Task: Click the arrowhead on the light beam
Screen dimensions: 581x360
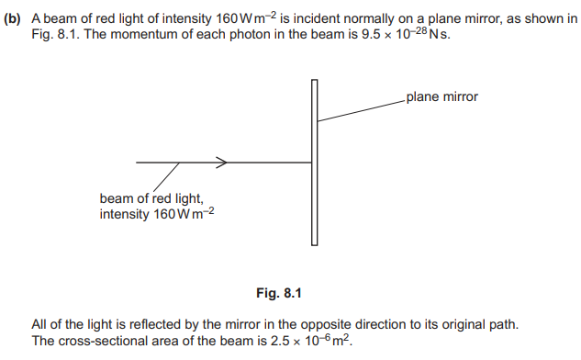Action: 222,163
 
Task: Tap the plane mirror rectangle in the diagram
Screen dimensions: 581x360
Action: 314,163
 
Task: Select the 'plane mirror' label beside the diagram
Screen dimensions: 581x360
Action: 442,96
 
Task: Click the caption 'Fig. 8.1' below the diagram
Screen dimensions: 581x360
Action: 279,293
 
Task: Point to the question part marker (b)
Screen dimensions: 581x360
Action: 12,18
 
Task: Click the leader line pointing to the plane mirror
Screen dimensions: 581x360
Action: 362,110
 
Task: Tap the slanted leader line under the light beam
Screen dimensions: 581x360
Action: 166,177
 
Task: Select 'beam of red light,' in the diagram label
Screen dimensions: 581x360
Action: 151,198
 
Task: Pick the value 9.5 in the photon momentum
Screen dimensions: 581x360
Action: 371,35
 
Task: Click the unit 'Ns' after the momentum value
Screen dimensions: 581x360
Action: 440,35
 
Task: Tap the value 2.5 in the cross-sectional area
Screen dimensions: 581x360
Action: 280,341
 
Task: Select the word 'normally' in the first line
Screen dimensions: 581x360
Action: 364,18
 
